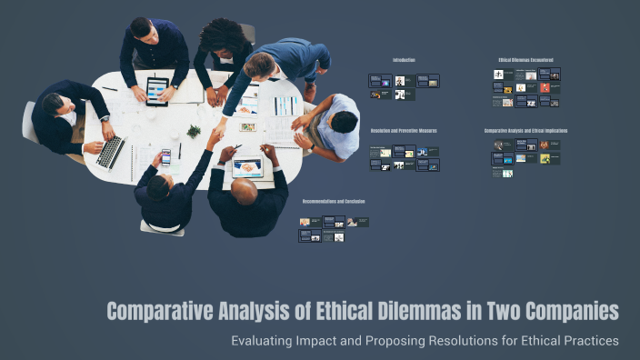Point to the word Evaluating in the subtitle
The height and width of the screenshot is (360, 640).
[270, 341]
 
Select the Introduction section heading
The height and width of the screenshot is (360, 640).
[404, 60]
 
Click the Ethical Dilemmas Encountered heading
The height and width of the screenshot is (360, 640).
[525, 60]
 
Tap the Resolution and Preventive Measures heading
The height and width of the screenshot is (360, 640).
[405, 130]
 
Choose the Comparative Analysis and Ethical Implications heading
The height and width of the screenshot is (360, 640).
[525, 130]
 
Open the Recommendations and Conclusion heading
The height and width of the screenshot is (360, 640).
[334, 201]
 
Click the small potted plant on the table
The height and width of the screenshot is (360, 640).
[193, 133]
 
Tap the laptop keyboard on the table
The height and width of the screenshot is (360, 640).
[112, 151]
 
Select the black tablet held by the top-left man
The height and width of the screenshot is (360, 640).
[157, 89]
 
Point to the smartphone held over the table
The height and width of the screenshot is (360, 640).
[165, 156]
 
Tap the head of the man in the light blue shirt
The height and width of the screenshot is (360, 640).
[344, 122]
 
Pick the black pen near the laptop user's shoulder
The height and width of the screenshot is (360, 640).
[109, 89]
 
